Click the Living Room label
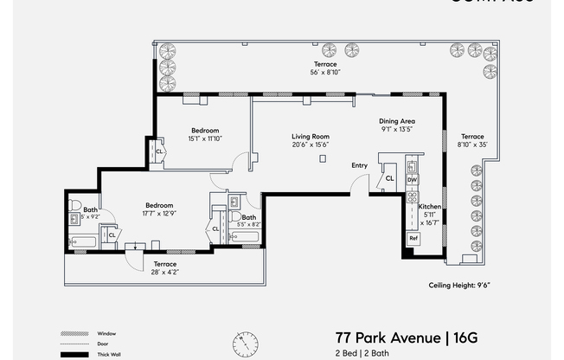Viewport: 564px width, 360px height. pos(309,136)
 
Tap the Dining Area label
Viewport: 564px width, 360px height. pos(397,121)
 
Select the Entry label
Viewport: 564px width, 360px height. pos(360,164)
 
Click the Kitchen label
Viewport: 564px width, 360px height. pos(430,208)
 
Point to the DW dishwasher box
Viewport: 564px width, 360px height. pos(413,180)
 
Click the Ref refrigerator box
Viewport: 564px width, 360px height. pos(413,238)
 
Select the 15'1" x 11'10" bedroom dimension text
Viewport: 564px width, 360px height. pos(204,138)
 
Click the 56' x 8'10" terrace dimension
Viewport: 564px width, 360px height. pos(325,74)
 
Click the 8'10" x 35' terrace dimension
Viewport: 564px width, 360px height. pos(472,145)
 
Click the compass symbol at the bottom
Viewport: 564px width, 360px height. pos(245,344)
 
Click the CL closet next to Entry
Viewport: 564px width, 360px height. pos(389,178)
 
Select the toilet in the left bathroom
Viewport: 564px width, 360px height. pos(76,206)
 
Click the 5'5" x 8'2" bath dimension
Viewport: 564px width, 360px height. pos(248,224)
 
